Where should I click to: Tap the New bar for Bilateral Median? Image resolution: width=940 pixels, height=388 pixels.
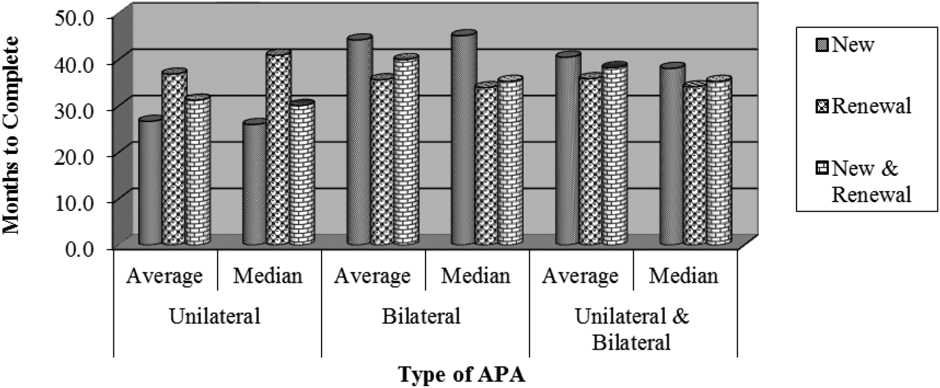click(463, 140)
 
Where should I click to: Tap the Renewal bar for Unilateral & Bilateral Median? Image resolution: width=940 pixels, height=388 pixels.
click(695, 164)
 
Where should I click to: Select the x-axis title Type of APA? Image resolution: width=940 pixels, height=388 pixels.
click(461, 375)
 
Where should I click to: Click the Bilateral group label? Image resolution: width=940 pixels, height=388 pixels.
click(422, 317)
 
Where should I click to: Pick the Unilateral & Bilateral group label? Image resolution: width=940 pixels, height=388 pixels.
click(632, 329)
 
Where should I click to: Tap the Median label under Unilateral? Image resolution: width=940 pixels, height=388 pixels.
click(268, 276)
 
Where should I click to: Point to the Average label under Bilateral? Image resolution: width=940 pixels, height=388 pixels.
click(372, 276)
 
